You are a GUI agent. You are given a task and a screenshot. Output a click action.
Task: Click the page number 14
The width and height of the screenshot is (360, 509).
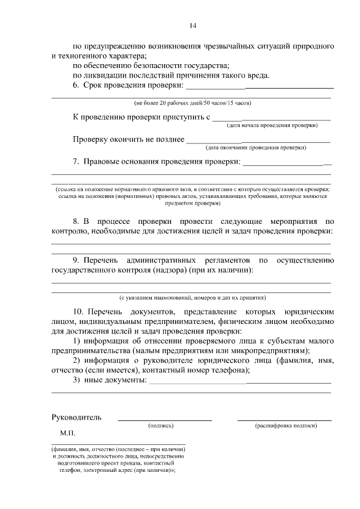click(192, 25)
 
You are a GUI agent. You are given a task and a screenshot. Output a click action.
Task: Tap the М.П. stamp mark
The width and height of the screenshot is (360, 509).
click(67, 434)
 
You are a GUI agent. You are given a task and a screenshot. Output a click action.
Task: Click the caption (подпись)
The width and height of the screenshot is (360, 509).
click(161, 426)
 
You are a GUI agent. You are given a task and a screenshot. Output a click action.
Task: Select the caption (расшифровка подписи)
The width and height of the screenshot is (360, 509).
click(285, 426)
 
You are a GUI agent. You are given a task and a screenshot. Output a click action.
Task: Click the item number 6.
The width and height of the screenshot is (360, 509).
click(76, 85)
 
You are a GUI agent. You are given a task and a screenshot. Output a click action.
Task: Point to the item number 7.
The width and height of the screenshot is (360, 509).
click(76, 162)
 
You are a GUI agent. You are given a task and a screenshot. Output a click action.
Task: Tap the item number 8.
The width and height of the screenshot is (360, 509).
click(76, 222)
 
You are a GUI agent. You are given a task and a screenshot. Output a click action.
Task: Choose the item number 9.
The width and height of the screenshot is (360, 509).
click(76, 261)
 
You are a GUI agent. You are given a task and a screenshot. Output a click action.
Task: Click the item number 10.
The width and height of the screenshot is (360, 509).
click(79, 311)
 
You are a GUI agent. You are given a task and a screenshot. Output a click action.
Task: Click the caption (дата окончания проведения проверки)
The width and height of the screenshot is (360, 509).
click(255, 148)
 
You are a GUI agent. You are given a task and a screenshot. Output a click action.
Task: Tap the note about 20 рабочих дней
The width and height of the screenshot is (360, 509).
click(192, 103)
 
